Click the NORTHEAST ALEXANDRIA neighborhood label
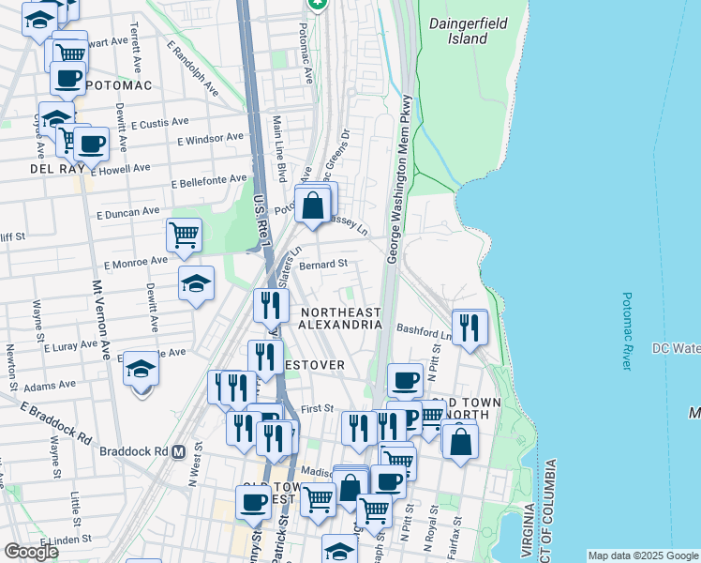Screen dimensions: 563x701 (x=340, y=318)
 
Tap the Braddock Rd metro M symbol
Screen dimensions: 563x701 (x=177, y=450)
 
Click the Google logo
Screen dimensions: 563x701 (x=32, y=552)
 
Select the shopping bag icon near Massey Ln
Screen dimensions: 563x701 (x=314, y=203)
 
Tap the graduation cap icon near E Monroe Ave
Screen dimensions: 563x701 (x=196, y=282)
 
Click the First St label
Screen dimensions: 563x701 (x=318, y=408)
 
